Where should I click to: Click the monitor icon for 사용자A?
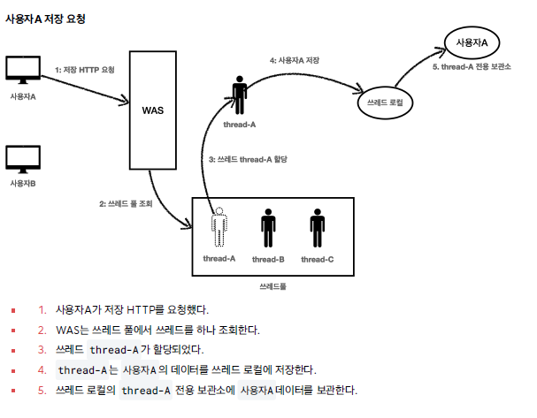(23, 72)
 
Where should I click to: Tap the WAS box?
(153, 111)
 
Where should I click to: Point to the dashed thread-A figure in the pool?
(219, 229)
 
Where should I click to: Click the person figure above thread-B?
(268, 229)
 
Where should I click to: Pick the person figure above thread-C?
(317, 229)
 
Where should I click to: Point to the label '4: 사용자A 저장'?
(295, 60)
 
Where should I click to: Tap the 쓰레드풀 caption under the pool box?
(272, 287)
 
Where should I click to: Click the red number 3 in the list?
(42, 349)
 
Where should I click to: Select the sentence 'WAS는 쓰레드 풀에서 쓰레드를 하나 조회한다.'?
(157, 330)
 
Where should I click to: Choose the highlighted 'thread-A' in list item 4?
(82, 369)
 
